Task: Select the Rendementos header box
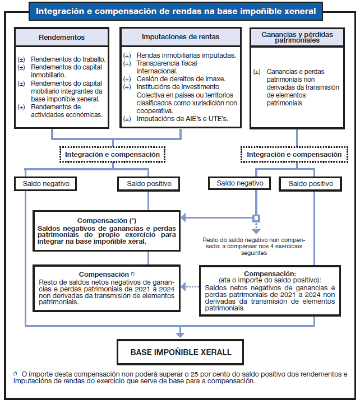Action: click(62, 38)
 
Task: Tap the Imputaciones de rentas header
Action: click(181, 38)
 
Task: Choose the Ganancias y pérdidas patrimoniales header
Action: click(297, 38)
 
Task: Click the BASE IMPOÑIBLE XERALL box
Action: click(180, 353)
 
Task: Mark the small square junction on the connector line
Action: click(256, 218)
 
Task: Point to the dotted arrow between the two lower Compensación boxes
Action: click(191, 287)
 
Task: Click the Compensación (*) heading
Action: click(107, 221)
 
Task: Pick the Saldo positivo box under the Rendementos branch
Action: click(149, 183)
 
